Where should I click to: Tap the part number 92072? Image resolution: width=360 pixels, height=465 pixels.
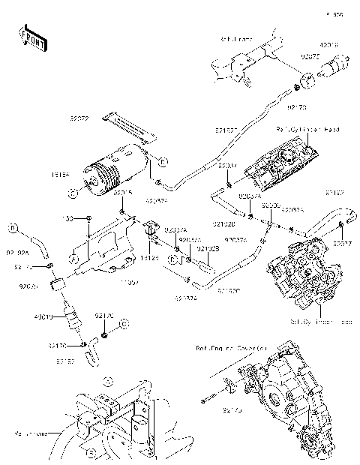coord(79,118)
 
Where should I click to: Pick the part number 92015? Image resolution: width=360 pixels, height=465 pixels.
coord(123,193)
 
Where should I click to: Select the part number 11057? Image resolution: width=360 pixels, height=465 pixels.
coord(130,283)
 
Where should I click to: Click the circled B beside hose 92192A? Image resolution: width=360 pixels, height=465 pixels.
coord(13,227)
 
